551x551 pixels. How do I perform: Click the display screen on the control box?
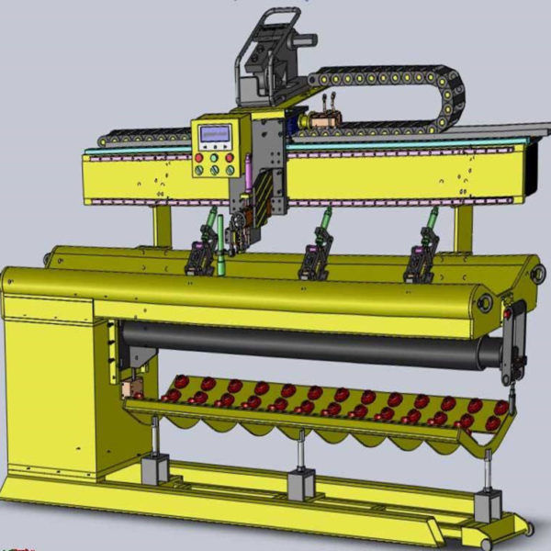pos(215,134)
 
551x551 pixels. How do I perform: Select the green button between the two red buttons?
pos(214,158)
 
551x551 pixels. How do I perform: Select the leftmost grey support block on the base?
pos(154,470)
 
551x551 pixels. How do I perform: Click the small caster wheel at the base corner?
pos(523,529)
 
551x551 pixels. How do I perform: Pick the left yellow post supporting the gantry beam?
pos(163,225)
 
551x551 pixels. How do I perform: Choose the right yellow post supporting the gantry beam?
pos(463,228)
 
